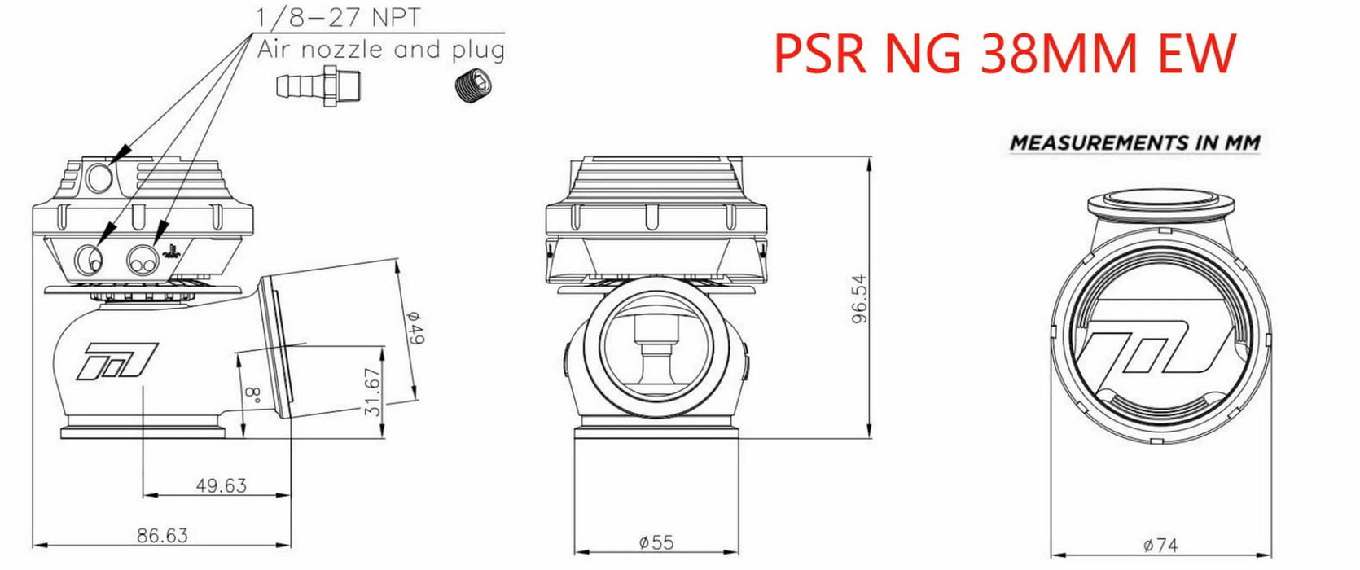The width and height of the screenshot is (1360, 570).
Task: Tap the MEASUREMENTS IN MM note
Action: click(x=1134, y=142)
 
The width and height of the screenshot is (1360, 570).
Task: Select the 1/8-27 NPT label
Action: click(x=338, y=16)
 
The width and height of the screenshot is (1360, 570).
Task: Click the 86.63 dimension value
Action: click(x=162, y=535)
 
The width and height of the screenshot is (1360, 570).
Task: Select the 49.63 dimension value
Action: click(x=221, y=485)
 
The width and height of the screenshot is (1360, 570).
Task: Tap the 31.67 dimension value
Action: click(x=374, y=392)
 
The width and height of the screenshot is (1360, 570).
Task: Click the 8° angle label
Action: click(x=253, y=397)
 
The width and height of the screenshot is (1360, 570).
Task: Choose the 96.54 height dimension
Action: click(x=860, y=299)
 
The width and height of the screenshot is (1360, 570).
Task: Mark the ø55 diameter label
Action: click(x=656, y=541)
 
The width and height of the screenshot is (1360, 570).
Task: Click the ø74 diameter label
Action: click(x=1160, y=546)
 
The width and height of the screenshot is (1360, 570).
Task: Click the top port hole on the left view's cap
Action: click(x=99, y=178)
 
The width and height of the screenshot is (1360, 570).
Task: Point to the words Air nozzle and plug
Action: click(x=380, y=50)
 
